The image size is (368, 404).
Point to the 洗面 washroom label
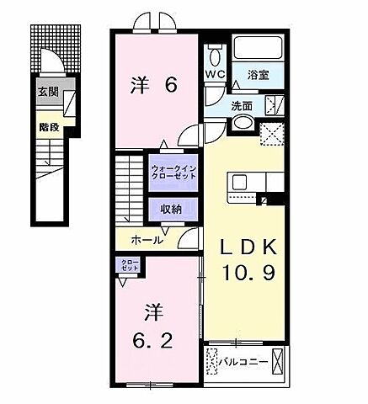click(x=243, y=106)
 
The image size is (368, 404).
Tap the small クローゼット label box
click(x=129, y=267)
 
